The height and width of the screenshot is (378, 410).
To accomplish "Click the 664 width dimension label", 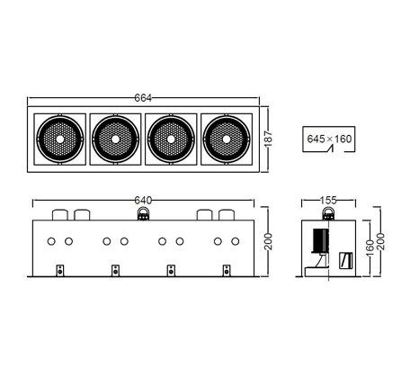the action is pyautogui.click(x=143, y=98).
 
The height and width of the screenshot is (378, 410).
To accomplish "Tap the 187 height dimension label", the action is pyautogui.click(x=268, y=139).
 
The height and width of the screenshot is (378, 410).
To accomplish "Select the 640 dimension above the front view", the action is pyautogui.click(x=143, y=200).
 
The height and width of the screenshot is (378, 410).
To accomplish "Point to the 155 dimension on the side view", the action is pyautogui.click(x=328, y=200).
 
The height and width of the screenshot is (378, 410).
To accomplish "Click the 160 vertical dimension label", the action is pyautogui.click(x=370, y=247).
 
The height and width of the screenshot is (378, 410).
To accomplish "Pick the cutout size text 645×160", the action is pyautogui.click(x=329, y=139).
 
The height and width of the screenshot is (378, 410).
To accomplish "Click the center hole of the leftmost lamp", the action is pyautogui.click(x=60, y=139).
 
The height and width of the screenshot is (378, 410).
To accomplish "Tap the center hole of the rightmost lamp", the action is pyautogui.click(x=227, y=139).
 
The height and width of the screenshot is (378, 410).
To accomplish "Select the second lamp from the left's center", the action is pyautogui.click(x=115, y=139).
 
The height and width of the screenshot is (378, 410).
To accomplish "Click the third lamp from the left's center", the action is pyautogui.click(x=171, y=139).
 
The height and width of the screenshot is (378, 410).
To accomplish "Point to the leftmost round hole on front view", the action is pyautogui.click(x=51, y=241).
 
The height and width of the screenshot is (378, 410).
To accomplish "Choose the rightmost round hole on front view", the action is pyautogui.click(x=236, y=241).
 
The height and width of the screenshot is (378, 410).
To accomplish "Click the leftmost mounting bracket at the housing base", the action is pyautogui.click(x=60, y=271).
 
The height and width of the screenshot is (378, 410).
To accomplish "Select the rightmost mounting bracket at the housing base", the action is pyautogui.click(x=227, y=271).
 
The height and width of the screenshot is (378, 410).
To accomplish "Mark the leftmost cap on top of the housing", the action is pyautogui.click(x=60, y=215).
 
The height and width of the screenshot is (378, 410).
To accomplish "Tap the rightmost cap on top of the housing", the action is pyautogui.click(x=227, y=215).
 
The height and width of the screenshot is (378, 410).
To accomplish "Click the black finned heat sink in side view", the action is pyautogui.click(x=321, y=240).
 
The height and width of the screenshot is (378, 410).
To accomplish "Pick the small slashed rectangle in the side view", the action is pyautogui.click(x=345, y=260).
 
